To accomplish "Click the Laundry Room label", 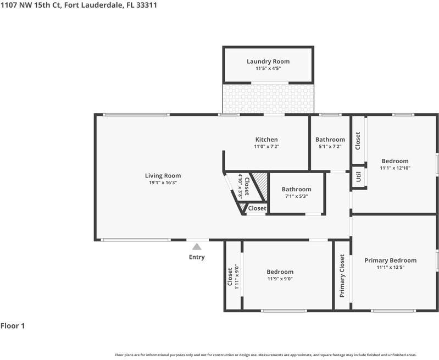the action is [x=268, y=62].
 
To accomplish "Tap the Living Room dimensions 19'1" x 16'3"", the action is [x=163, y=182].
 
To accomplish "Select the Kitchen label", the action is [x=266, y=140].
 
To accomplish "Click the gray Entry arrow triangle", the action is [x=197, y=247].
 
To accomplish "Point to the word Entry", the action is [x=197, y=257].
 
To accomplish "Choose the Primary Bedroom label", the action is [x=390, y=261].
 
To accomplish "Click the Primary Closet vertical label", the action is [x=342, y=276].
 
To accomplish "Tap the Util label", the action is [x=359, y=177].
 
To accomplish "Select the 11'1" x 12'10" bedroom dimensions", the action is [x=395, y=168].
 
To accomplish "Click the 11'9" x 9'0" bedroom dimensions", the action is [x=280, y=279].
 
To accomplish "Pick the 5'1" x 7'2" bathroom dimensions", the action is [x=330, y=146].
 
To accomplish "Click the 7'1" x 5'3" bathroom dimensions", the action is [x=297, y=196].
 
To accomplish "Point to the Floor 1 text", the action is [x=13, y=326].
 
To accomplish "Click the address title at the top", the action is [x=79, y=5].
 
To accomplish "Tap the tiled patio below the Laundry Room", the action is [x=268, y=99].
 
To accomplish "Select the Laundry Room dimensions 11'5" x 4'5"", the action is [x=268, y=68].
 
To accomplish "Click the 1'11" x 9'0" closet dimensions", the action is [x=237, y=276].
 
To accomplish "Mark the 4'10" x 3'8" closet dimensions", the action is [x=240, y=185].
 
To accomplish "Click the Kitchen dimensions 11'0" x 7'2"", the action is [x=266, y=146].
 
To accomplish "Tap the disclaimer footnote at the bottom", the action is [x=266, y=355].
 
